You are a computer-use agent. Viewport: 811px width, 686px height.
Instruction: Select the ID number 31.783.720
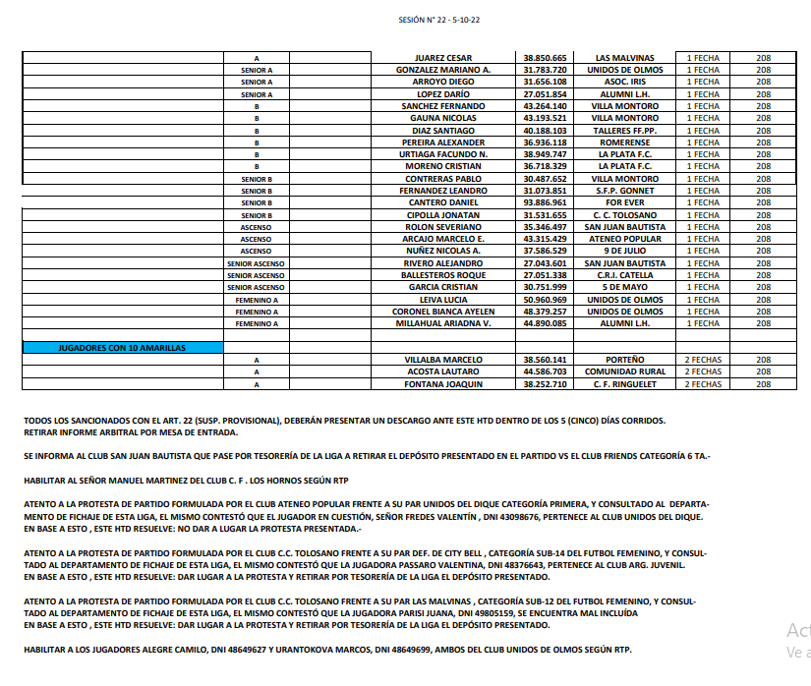coord(545,70)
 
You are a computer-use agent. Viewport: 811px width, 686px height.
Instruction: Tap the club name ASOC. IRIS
coord(625,82)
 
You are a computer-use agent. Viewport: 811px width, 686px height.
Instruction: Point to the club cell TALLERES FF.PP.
coord(625,131)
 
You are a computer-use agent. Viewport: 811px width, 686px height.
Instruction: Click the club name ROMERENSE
coord(625,143)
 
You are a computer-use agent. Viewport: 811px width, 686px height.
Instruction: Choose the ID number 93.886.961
coord(545,202)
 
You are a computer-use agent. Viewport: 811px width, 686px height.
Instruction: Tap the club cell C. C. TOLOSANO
coord(625,215)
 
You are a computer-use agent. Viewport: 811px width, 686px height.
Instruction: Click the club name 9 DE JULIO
coord(625,251)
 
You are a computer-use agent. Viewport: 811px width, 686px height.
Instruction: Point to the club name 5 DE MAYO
coord(625,287)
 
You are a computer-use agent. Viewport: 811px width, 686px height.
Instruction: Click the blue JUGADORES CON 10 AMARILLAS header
coord(123,348)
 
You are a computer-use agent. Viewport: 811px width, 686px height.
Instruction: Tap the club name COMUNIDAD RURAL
coord(625,372)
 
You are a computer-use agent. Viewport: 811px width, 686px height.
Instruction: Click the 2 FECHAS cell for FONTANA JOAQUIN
coord(702,384)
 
